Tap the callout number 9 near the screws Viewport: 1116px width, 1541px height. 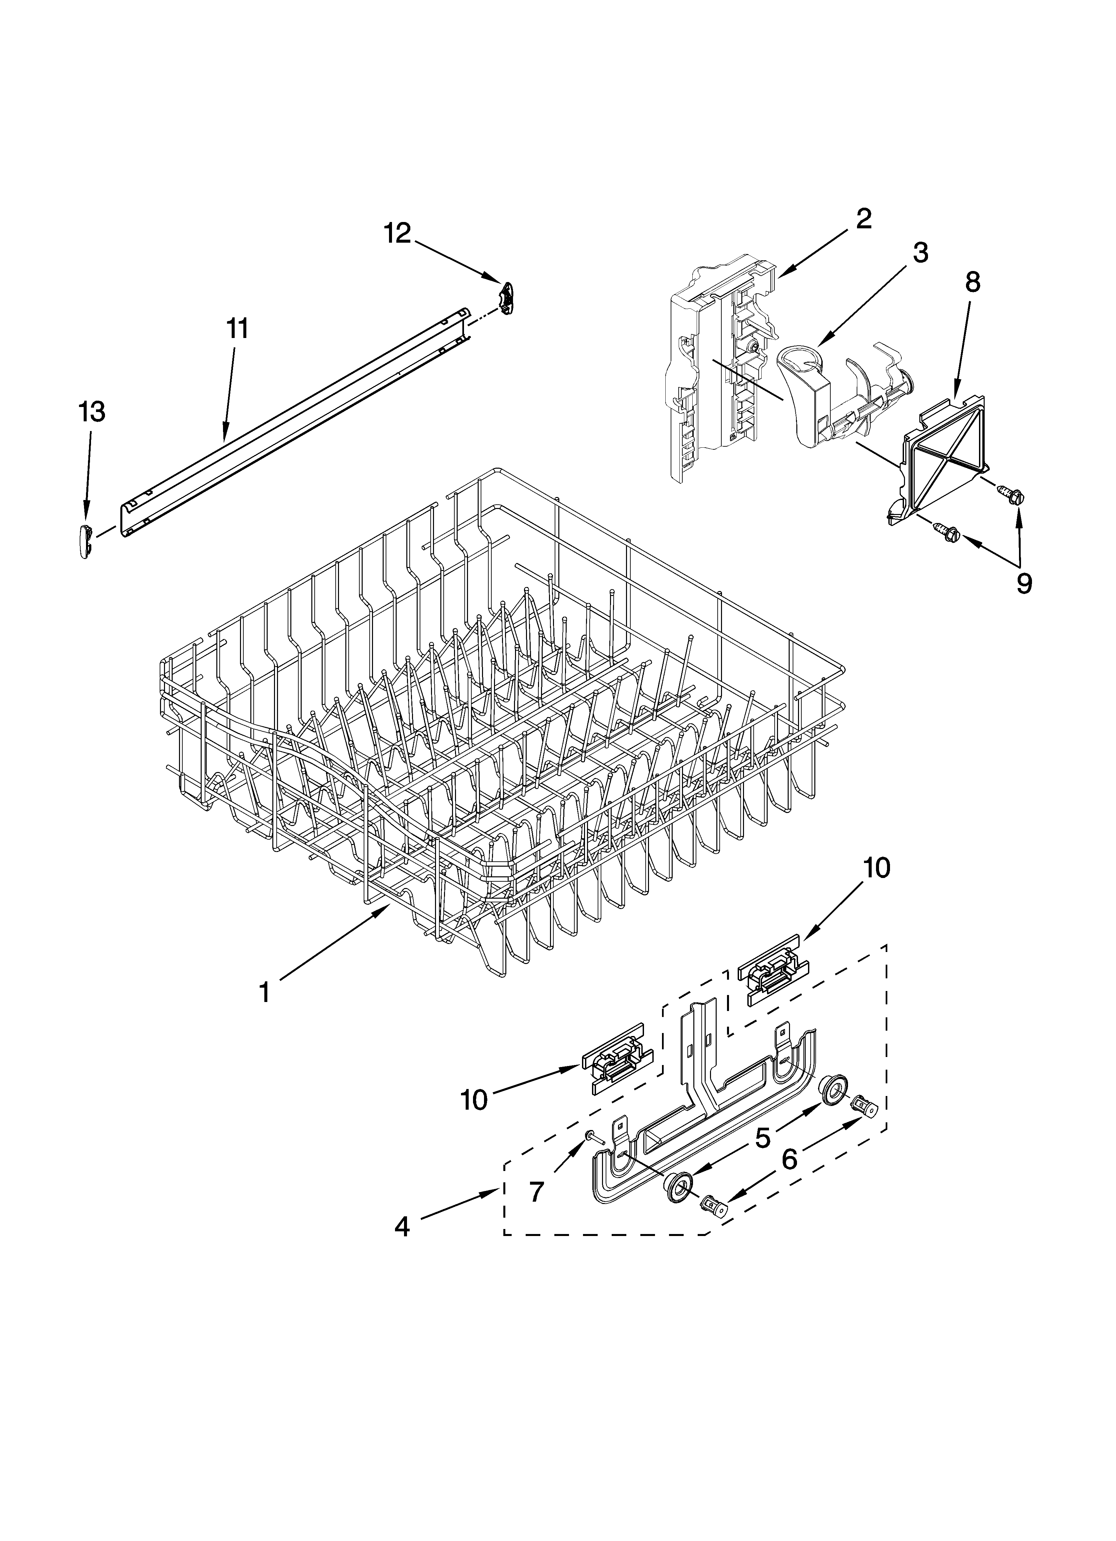1024,583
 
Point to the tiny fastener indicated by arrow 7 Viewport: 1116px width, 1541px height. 591,1134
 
